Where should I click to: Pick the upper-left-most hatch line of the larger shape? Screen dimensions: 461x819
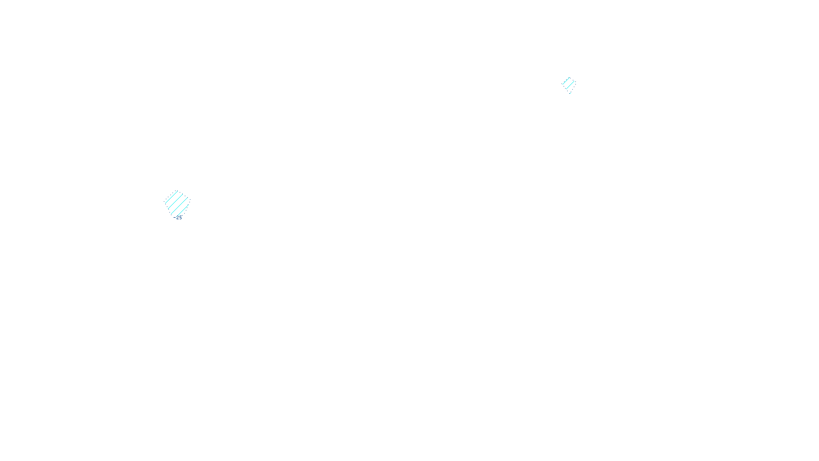(171, 197)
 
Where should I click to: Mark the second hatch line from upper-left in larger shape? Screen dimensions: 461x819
(175, 201)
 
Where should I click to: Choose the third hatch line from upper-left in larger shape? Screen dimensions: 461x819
(179, 206)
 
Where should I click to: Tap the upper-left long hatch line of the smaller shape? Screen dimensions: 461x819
(566, 81)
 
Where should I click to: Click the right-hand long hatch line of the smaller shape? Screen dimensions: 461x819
(570, 85)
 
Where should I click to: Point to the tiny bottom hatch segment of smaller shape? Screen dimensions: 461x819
(570, 93)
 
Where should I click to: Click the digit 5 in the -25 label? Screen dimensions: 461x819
(181, 217)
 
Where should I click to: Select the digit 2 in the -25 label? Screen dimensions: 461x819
(178, 217)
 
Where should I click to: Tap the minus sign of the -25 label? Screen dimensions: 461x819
(175, 217)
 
